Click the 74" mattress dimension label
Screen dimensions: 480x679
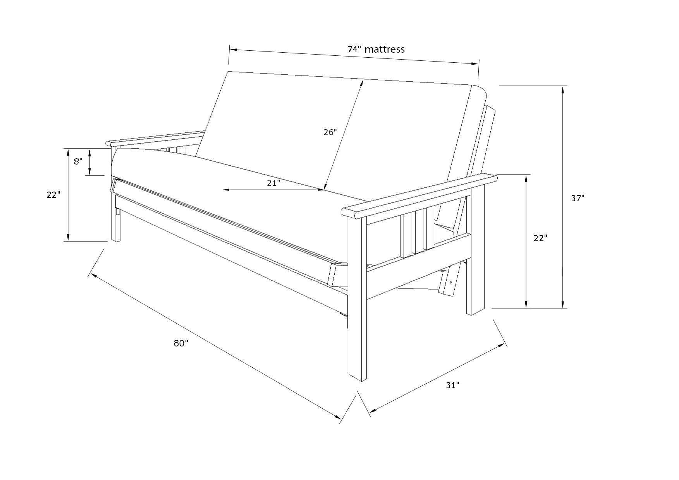click(x=376, y=50)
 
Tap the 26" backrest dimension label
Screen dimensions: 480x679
click(x=330, y=132)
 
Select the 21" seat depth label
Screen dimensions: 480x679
click(x=273, y=183)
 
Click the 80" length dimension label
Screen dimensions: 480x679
click(x=181, y=343)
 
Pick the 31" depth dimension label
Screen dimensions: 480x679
click(x=452, y=385)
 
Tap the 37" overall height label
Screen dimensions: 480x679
click(x=578, y=199)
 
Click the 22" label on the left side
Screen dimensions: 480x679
click(x=54, y=195)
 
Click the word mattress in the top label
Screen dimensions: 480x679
click(x=385, y=50)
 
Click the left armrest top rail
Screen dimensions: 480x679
click(x=155, y=138)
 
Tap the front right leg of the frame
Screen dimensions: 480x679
click(x=357, y=298)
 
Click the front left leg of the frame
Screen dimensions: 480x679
click(x=115, y=217)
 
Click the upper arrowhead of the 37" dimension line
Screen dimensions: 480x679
click(x=563, y=90)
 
